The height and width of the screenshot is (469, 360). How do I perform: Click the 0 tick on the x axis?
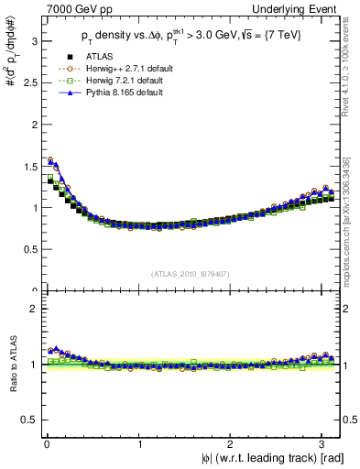coord(47,444)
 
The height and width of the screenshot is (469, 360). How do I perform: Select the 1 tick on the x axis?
coord(139,444)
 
